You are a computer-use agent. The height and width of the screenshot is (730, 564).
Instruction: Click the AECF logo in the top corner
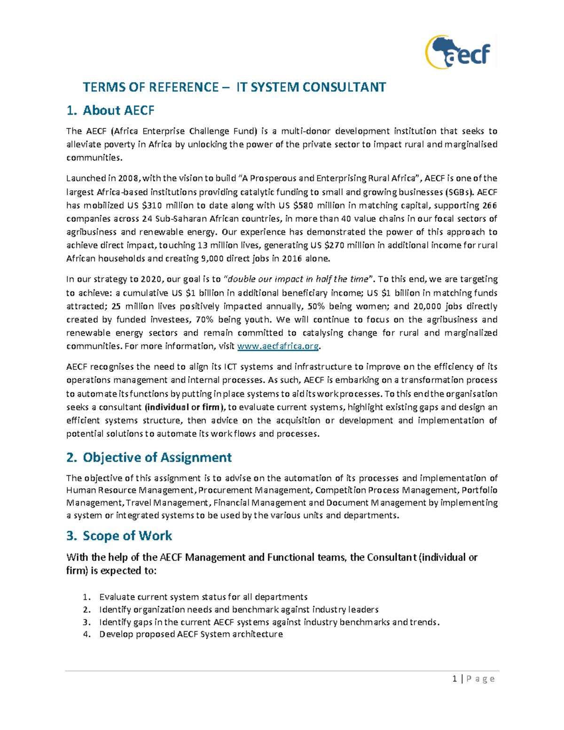pyautogui.click(x=458, y=52)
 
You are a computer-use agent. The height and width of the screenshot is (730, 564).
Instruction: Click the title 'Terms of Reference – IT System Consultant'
pyautogui.click(x=234, y=87)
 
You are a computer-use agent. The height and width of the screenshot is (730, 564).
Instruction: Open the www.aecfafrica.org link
pyautogui.click(x=278, y=346)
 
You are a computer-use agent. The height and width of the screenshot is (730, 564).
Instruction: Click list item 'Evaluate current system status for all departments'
pyautogui.click(x=203, y=597)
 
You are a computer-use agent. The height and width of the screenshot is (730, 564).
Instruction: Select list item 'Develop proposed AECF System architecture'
pyautogui.click(x=191, y=634)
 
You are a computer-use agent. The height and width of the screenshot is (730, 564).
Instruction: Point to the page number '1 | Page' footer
pyautogui.click(x=473, y=678)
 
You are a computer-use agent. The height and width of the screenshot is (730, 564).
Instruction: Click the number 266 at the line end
pyautogui.click(x=489, y=205)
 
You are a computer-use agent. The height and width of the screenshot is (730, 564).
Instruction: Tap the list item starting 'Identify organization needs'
pyautogui.click(x=238, y=610)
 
